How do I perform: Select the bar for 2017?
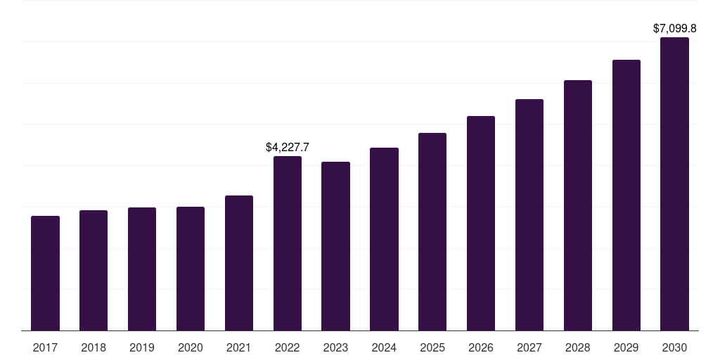pos(45,274)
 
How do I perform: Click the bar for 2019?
pos(142,269)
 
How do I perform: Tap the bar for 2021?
pos(239,263)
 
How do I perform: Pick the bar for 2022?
pos(288,243)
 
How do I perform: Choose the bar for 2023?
pos(335,246)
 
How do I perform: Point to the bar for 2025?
pos(432,232)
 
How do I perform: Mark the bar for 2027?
pos(529,215)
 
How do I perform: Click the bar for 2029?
pos(626,195)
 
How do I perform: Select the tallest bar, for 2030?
pos(674,184)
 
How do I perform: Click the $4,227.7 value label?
pos(288,148)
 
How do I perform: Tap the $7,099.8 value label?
pos(674,28)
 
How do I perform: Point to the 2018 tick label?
pos(94,347)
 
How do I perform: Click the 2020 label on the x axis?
pos(191,347)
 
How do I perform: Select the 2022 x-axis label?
pos(288,347)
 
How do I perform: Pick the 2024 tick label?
pos(384,347)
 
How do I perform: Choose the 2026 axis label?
pos(481,347)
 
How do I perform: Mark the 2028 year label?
pos(578,347)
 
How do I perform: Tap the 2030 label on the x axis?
pos(674,347)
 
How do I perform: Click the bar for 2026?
pos(481,223)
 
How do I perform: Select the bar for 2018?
pos(94,271)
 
